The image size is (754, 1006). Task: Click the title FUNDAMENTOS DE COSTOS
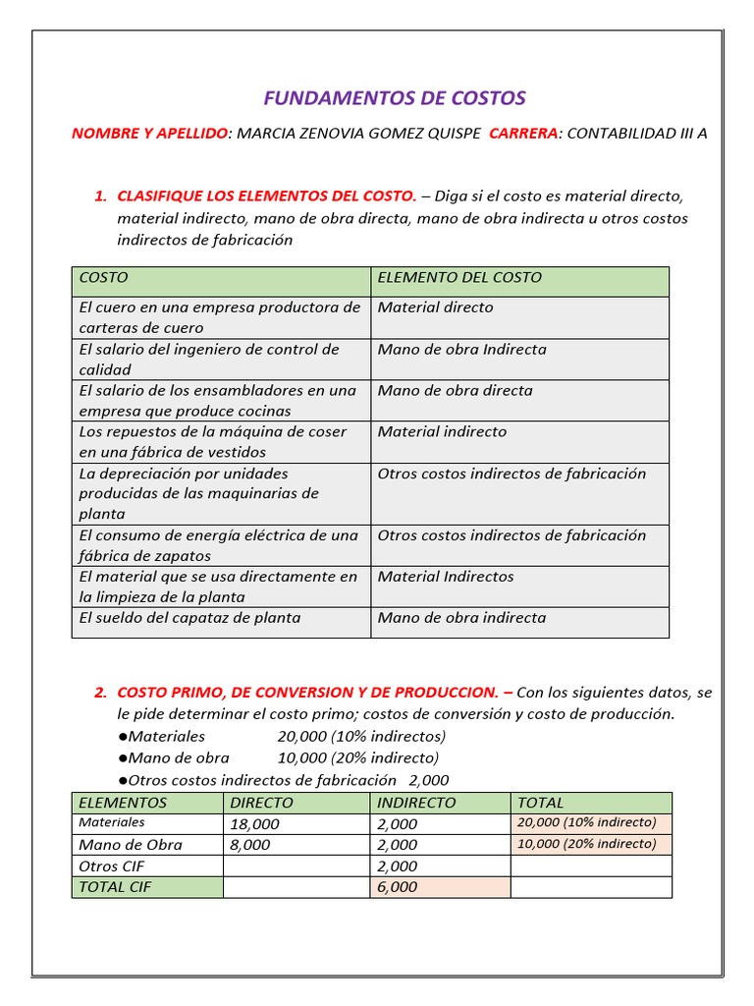point(395,98)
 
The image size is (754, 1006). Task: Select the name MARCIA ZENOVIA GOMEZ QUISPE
point(359,134)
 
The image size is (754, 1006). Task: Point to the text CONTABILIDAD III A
point(637,134)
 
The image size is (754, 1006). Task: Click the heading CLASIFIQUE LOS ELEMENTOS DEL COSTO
point(266,196)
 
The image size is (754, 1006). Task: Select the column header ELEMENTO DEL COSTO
point(459,278)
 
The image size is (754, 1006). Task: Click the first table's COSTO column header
point(103,278)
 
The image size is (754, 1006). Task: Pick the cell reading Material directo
point(435,307)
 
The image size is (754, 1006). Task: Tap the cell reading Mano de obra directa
point(455,391)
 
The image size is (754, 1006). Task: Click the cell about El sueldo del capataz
point(189,618)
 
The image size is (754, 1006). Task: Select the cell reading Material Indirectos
point(446,577)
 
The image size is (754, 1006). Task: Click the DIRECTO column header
point(261,803)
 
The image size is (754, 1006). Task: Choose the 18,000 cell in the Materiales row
point(254,824)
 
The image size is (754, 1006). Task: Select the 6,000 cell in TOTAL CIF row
point(398,887)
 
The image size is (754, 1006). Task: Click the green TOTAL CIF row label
point(111,887)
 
